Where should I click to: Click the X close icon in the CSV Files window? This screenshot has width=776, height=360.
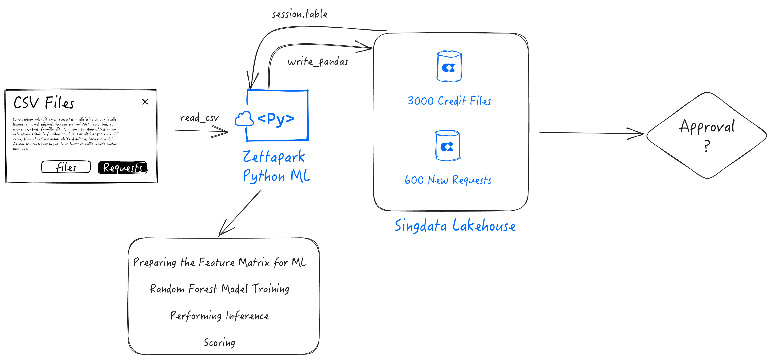pos(145,102)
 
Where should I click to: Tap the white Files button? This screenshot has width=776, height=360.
pos(66,167)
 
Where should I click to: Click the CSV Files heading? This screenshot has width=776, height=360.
pos(44,103)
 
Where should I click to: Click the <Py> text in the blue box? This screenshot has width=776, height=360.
pos(276,118)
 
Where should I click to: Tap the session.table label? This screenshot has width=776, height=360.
pos(300,14)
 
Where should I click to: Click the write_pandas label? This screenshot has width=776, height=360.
pos(318,62)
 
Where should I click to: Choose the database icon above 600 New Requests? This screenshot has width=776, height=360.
pos(448,146)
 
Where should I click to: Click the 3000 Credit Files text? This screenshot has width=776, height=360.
pos(449,101)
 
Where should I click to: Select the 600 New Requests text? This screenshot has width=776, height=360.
pos(448,180)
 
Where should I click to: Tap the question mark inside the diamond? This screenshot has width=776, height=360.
pos(707,146)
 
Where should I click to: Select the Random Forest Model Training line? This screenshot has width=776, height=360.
pos(220,289)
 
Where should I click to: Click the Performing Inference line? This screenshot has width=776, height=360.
pos(220,316)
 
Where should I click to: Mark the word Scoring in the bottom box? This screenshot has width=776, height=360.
pos(220,342)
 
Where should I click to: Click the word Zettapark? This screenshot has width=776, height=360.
pos(274,157)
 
